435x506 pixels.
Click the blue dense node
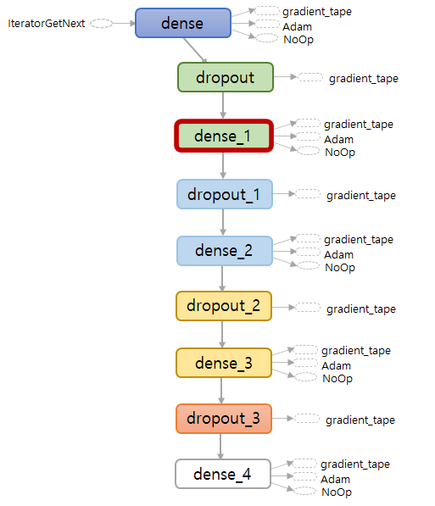tap(183, 23)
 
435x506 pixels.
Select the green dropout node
tap(226, 77)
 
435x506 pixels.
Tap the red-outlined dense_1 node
tap(224, 136)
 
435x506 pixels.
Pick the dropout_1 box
tap(225, 194)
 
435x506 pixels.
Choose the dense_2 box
tap(225, 251)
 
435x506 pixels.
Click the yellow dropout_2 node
tap(224, 306)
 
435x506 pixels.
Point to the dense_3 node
tap(224, 363)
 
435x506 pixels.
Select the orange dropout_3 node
tap(224, 419)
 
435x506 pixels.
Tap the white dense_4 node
tap(223, 474)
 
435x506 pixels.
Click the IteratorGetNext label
tap(46, 23)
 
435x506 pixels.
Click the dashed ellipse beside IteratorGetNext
tap(101, 24)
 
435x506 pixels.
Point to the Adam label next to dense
tap(297, 26)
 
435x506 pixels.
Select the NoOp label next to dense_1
tap(340, 152)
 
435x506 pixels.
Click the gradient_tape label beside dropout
tap(364, 79)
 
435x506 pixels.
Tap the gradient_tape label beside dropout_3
tap(360, 420)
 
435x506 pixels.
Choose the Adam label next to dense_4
tap(335, 479)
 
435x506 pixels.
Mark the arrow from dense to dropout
tap(195, 50)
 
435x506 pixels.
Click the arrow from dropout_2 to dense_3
tap(222, 334)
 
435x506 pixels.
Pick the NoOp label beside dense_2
tap(340, 267)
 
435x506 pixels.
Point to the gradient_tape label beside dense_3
tap(356, 350)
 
